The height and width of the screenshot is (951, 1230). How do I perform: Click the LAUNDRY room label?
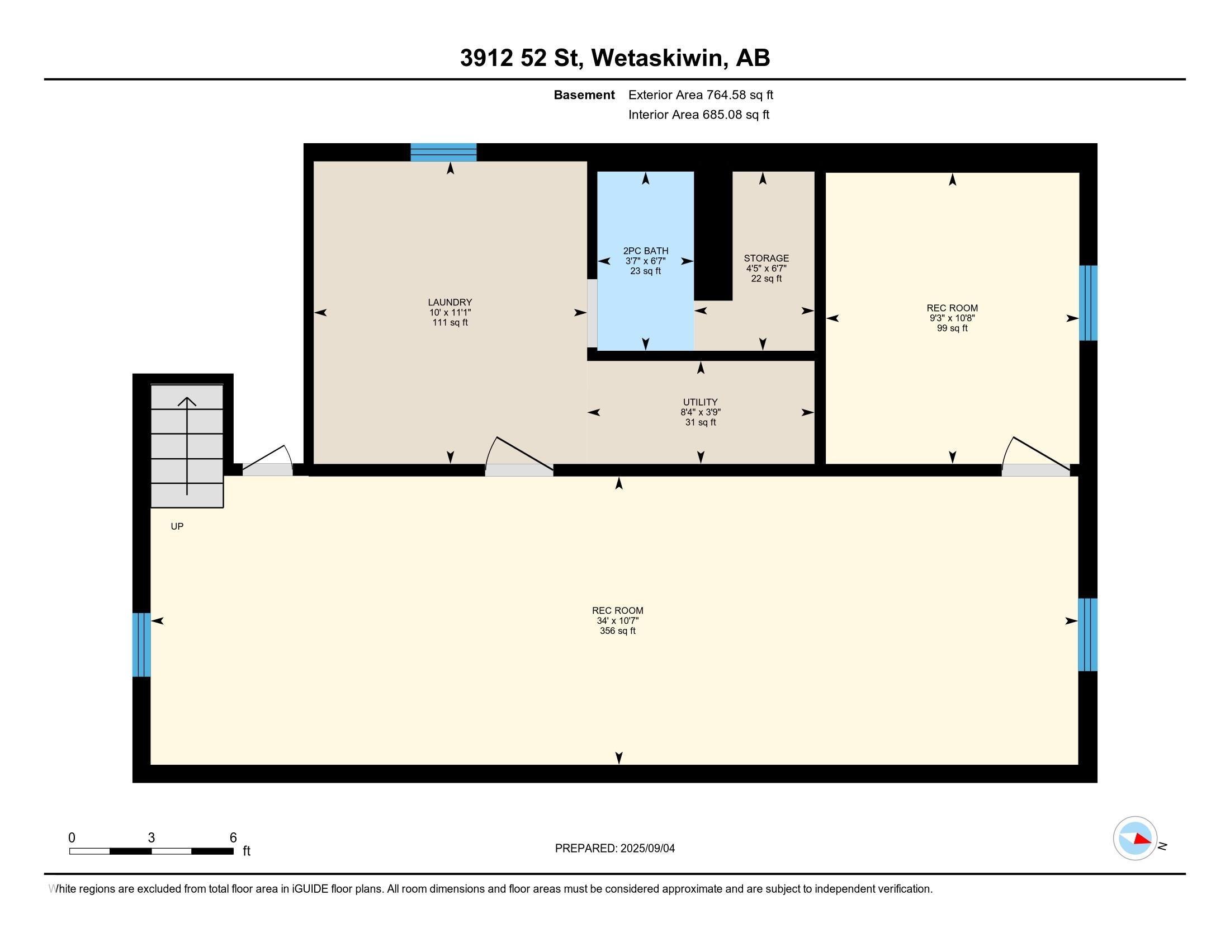coord(450,302)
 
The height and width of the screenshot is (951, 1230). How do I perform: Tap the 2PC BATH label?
coord(645,251)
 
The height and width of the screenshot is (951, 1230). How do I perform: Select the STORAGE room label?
coord(766,258)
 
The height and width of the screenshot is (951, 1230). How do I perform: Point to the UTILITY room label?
coord(700,402)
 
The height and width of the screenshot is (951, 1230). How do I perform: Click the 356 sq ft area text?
coord(617,631)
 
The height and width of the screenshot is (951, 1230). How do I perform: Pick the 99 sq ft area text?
coord(952,328)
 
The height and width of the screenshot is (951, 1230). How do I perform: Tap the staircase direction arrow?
coord(187,446)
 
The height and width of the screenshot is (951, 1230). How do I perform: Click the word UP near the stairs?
coord(177,526)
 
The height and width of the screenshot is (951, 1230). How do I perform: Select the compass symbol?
coord(1135,838)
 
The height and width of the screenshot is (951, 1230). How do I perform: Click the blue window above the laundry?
coord(443,152)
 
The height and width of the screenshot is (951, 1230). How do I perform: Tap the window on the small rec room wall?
coord(1088,303)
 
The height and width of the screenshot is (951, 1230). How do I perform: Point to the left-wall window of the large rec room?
coord(141,644)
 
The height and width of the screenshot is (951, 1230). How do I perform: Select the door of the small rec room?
coord(1035,455)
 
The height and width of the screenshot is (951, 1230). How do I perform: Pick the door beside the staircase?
coord(267,460)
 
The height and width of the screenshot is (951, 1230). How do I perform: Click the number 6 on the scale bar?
coord(233,838)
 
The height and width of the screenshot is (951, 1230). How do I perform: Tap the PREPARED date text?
coord(614,849)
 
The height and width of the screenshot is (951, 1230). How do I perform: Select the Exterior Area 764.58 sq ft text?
coord(701,95)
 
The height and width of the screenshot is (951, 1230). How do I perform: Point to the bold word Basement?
coord(584,95)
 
